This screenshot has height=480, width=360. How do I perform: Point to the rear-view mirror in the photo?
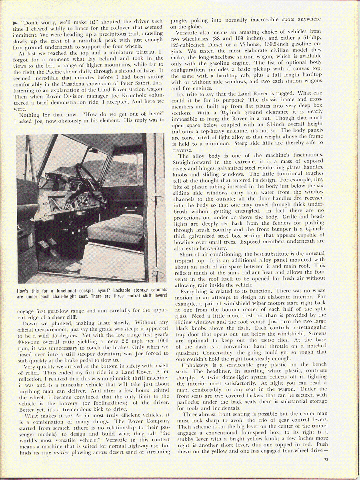(93, 150)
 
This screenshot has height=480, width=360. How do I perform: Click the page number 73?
(327, 459)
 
